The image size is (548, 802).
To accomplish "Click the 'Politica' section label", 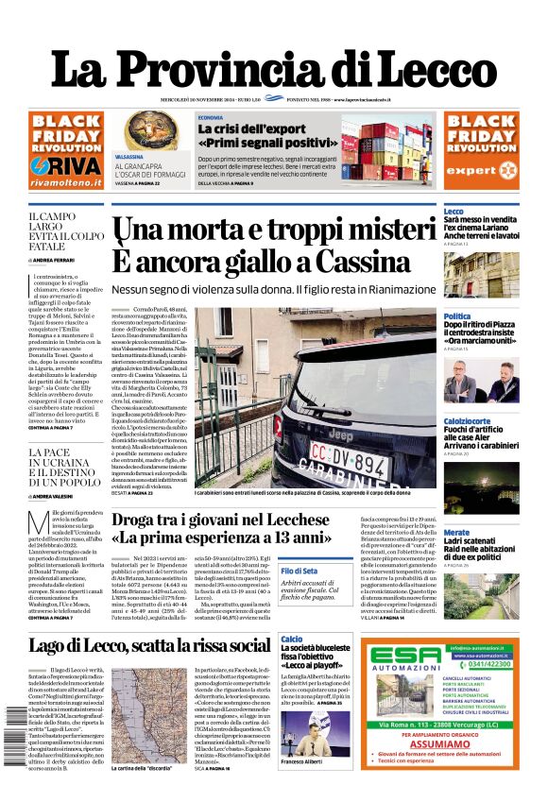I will tap(457, 316).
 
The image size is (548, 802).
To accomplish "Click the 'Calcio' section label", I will tap(291, 640).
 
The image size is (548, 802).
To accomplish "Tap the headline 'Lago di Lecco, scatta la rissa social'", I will tap(149, 646).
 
